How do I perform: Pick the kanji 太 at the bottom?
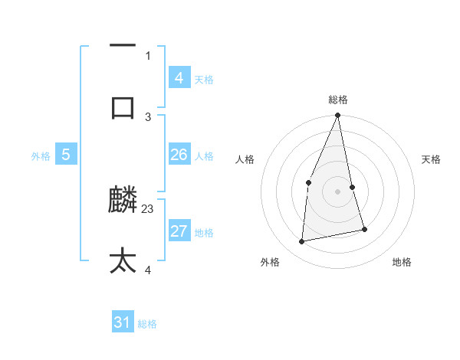pyautogui.click(x=123, y=260)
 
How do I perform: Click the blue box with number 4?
pyautogui.click(x=179, y=77)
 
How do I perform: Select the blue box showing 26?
pyautogui.click(x=179, y=155)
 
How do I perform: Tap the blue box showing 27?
pyautogui.click(x=179, y=231)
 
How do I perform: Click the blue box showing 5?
pyautogui.click(x=66, y=155)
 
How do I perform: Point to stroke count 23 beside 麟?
pyautogui.click(x=148, y=208)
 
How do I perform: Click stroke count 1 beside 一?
pyautogui.click(x=148, y=55)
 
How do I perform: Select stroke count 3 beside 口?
pyautogui.click(x=148, y=116)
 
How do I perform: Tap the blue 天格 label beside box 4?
pyautogui.click(x=204, y=79)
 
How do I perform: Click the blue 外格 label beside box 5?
pyautogui.click(x=41, y=156)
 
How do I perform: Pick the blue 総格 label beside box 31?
pyautogui.click(x=147, y=324)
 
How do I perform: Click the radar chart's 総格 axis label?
pyautogui.click(x=338, y=100)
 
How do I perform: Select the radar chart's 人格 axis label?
pyautogui.click(x=245, y=159)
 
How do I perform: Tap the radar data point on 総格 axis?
pyautogui.click(x=338, y=116)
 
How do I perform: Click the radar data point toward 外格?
pyautogui.click(x=302, y=242)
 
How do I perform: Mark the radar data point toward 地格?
pyautogui.click(x=364, y=229)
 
